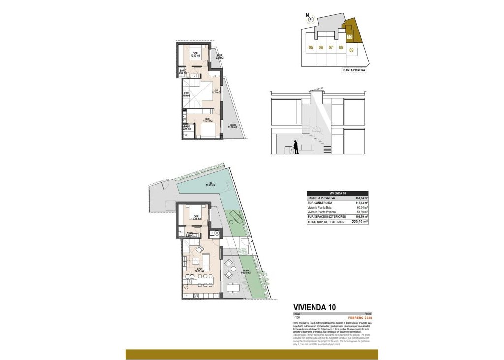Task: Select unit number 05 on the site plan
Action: (x=311, y=48)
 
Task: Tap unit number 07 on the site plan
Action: (x=331, y=48)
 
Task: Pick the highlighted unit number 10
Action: (x=349, y=36)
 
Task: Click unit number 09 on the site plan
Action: (x=352, y=50)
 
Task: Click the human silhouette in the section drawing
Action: (x=295, y=147)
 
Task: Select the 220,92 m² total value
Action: (x=360, y=222)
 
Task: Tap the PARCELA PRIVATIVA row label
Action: (x=321, y=198)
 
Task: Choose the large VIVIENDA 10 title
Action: (x=315, y=307)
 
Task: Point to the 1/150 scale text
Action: (x=297, y=317)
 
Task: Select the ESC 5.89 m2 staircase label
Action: (x=187, y=94)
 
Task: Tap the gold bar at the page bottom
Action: (x=252, y=354)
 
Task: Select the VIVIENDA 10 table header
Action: (x=337, y=193)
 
